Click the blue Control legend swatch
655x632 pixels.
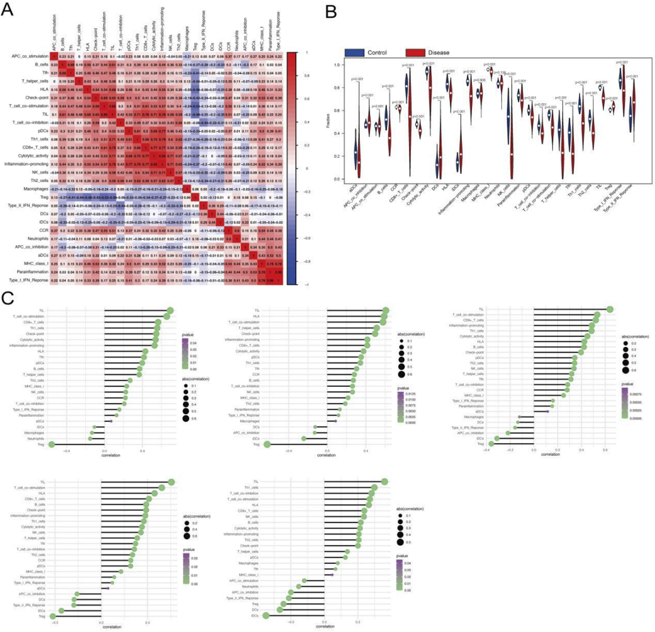click(354, 53)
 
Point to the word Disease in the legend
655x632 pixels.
click(438, 53)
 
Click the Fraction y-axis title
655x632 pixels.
click(328, 121)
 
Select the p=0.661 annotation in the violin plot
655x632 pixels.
click(377, 106)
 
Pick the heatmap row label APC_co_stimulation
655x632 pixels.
click(30, 56)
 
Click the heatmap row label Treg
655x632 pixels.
click(44, 197)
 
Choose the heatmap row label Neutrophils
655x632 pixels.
click(38, 239)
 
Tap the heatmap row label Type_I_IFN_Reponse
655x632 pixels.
click(28, 280)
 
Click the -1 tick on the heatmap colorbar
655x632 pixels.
click(307, 284)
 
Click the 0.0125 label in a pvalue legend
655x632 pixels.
click(410, 394)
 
